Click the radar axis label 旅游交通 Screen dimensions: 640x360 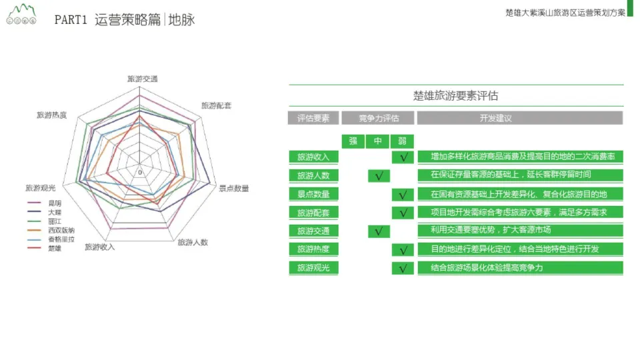point(143,79)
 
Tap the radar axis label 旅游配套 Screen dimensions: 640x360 point(217,105)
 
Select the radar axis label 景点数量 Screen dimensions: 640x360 point(234,189)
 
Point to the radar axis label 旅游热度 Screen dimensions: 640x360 point(51,115)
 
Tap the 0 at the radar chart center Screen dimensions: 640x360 point(139,173)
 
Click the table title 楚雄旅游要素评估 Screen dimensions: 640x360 point(455,95)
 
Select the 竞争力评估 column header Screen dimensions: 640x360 point(379,118)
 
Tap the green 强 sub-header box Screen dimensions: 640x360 point(353,141)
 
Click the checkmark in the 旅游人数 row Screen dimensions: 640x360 point(378,176)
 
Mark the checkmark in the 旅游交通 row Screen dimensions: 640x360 point(378,231)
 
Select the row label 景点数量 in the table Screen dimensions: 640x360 point(313,194)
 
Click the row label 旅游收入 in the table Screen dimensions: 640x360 point(313,157)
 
